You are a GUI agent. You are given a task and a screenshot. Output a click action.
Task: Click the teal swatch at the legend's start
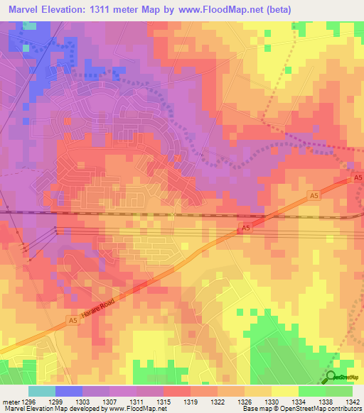coord(41,391)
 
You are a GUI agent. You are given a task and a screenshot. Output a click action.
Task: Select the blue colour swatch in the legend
coord(68,391)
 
